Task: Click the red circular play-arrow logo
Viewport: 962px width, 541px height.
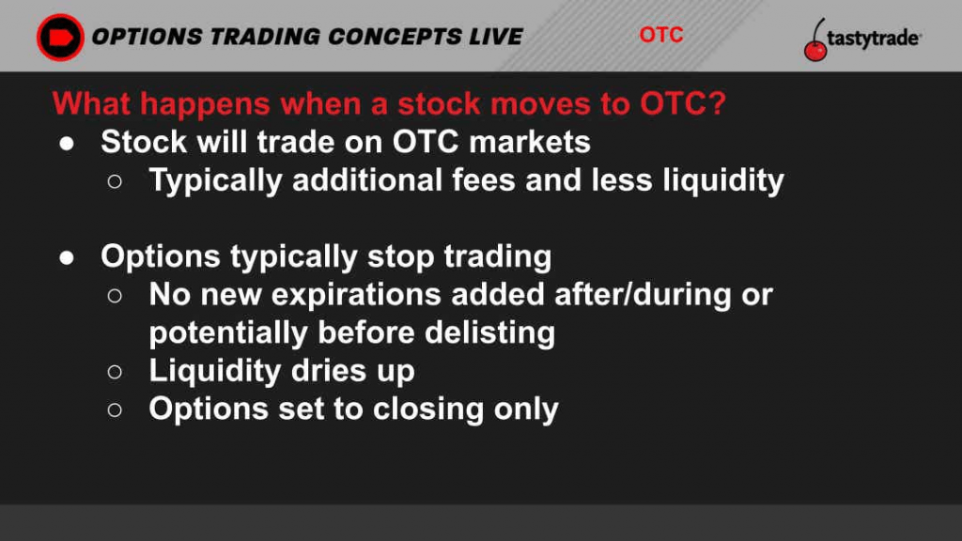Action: (x=60, y=37)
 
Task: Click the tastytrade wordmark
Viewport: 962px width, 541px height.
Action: (x=874, y=39)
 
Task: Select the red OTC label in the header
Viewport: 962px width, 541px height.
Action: (x=660, y=35)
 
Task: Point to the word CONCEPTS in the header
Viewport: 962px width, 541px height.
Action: (x=394, y=37)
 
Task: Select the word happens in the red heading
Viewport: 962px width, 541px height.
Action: (x=204, y=104)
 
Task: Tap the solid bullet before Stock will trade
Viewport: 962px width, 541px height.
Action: (x=67, y=144)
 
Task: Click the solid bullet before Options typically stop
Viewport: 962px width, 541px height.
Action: (x=67, y=257)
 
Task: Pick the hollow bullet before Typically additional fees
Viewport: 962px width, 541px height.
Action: (x=114, y=181)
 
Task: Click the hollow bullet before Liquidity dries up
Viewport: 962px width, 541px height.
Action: (x=114, y=372)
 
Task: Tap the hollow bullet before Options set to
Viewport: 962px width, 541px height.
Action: (x=114, y=410)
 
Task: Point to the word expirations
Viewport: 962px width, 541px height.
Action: (x=356, y=295)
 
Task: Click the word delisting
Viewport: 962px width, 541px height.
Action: (x=489, y=333)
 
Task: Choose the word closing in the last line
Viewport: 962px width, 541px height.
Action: (x=428, y=410)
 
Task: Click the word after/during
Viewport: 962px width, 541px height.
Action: (x=643, y=295)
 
